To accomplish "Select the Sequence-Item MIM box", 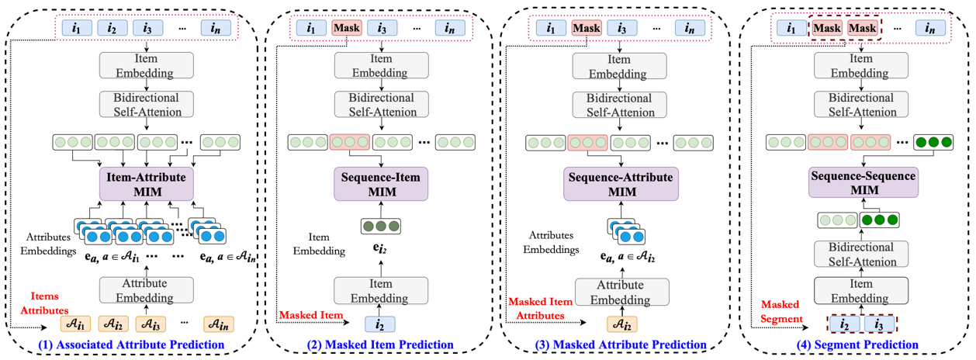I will (380, 184).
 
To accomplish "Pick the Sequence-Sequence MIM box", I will (863, 184).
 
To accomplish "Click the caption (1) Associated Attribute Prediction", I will (137, 344).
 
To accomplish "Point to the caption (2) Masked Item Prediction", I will (379, 344).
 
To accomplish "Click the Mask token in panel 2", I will (347, 29).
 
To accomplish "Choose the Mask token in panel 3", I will (587, 29).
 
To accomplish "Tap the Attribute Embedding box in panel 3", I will (621, 291).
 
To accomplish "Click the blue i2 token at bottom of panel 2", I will (379, 324).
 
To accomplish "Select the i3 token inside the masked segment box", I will (880, 324).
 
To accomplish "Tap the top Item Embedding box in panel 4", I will (861, 65).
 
